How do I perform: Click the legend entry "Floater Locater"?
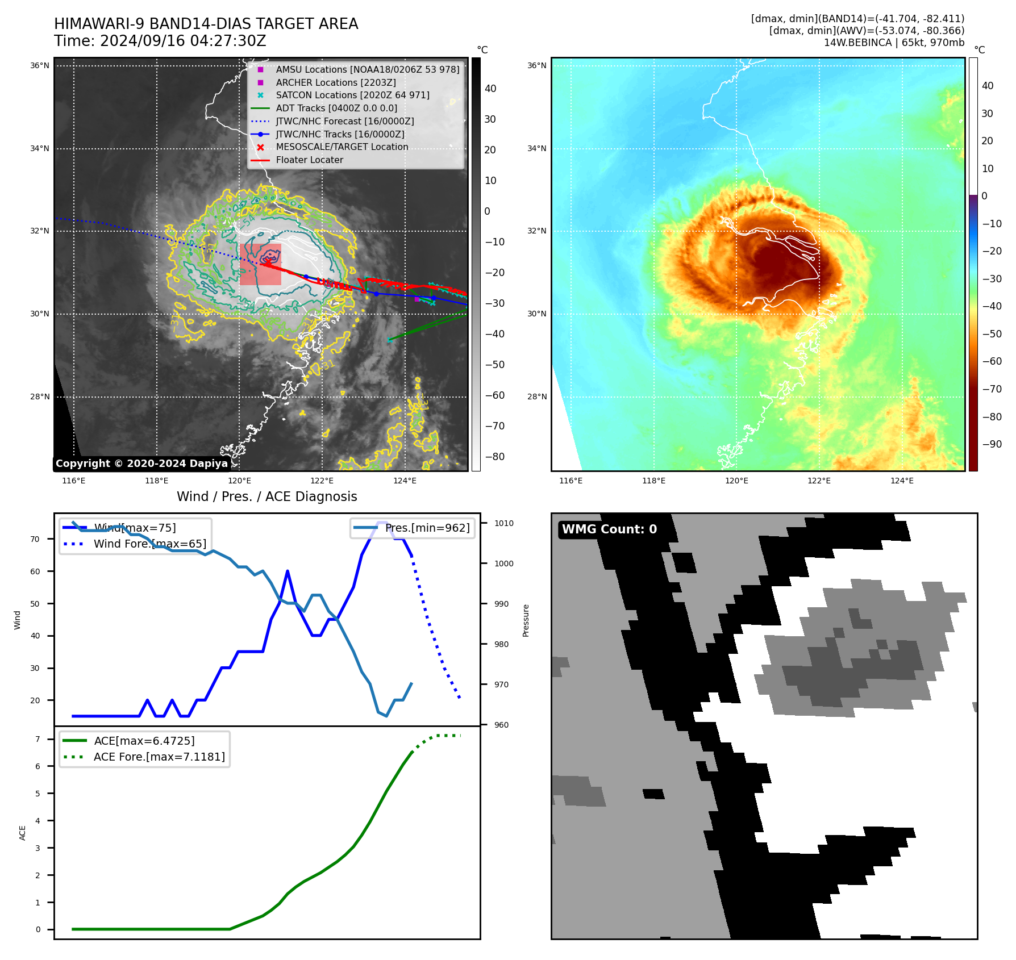tap(309, 160)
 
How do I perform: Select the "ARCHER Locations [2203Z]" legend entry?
tap(335, 82)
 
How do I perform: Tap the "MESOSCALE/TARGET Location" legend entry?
tap(342, 147)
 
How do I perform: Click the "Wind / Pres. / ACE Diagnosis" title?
tap(267, 496)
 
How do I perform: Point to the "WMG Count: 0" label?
tap(609, 529)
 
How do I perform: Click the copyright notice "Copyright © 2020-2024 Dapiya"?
tap(141, 464)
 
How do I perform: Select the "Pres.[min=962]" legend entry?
tap(427, 528)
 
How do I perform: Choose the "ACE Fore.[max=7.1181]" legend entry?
tap(159, 757)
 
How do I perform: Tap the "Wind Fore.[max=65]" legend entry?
tap(149, 544)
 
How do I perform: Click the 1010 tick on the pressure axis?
tap(503, 523)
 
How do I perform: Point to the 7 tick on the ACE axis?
tap(38, 739)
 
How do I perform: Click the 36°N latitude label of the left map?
tap(40, 66)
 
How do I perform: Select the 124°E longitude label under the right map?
tap(902, 481)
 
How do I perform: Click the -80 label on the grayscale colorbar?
tap(494, 457)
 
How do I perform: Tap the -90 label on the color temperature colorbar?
tap(992, 444)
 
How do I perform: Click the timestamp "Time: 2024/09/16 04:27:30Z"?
tap(160, 41)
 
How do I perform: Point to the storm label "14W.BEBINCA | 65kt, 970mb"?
tap(894, 43)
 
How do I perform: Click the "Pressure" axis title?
tap(526, 620)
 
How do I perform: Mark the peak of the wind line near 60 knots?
tap(288, 571)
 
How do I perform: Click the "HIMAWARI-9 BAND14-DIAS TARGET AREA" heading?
tap(206, 24)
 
